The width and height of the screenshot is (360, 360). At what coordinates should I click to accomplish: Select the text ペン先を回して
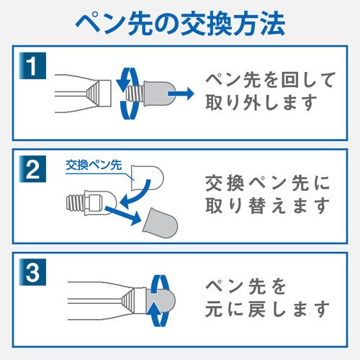pyautogui.click(x=260, y=78)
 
